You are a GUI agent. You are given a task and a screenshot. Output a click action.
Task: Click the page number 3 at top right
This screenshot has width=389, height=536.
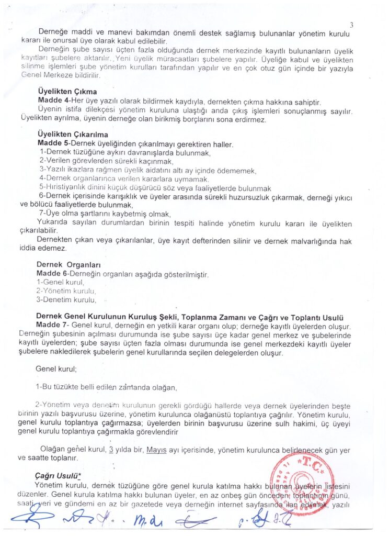pyautogui.click(x=351, y=25)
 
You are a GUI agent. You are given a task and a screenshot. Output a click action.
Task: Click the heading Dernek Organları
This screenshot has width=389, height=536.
pyautogui.click(x=69, y=265)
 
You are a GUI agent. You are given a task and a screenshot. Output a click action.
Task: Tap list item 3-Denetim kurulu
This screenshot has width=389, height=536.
pyautogui.click(x=66, y=299)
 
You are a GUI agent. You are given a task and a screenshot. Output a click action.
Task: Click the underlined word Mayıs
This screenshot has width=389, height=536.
pyautogui.click(x=157, y=450)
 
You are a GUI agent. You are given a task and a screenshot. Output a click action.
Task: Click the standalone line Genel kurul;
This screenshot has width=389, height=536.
pyautogui.click(x=56, y=368)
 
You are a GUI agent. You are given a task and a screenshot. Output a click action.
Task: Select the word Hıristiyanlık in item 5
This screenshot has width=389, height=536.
pyautogui.click(x=69, y=188)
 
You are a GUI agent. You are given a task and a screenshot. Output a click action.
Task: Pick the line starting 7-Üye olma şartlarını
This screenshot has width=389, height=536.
pyautogui.click(x=105, y=214)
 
